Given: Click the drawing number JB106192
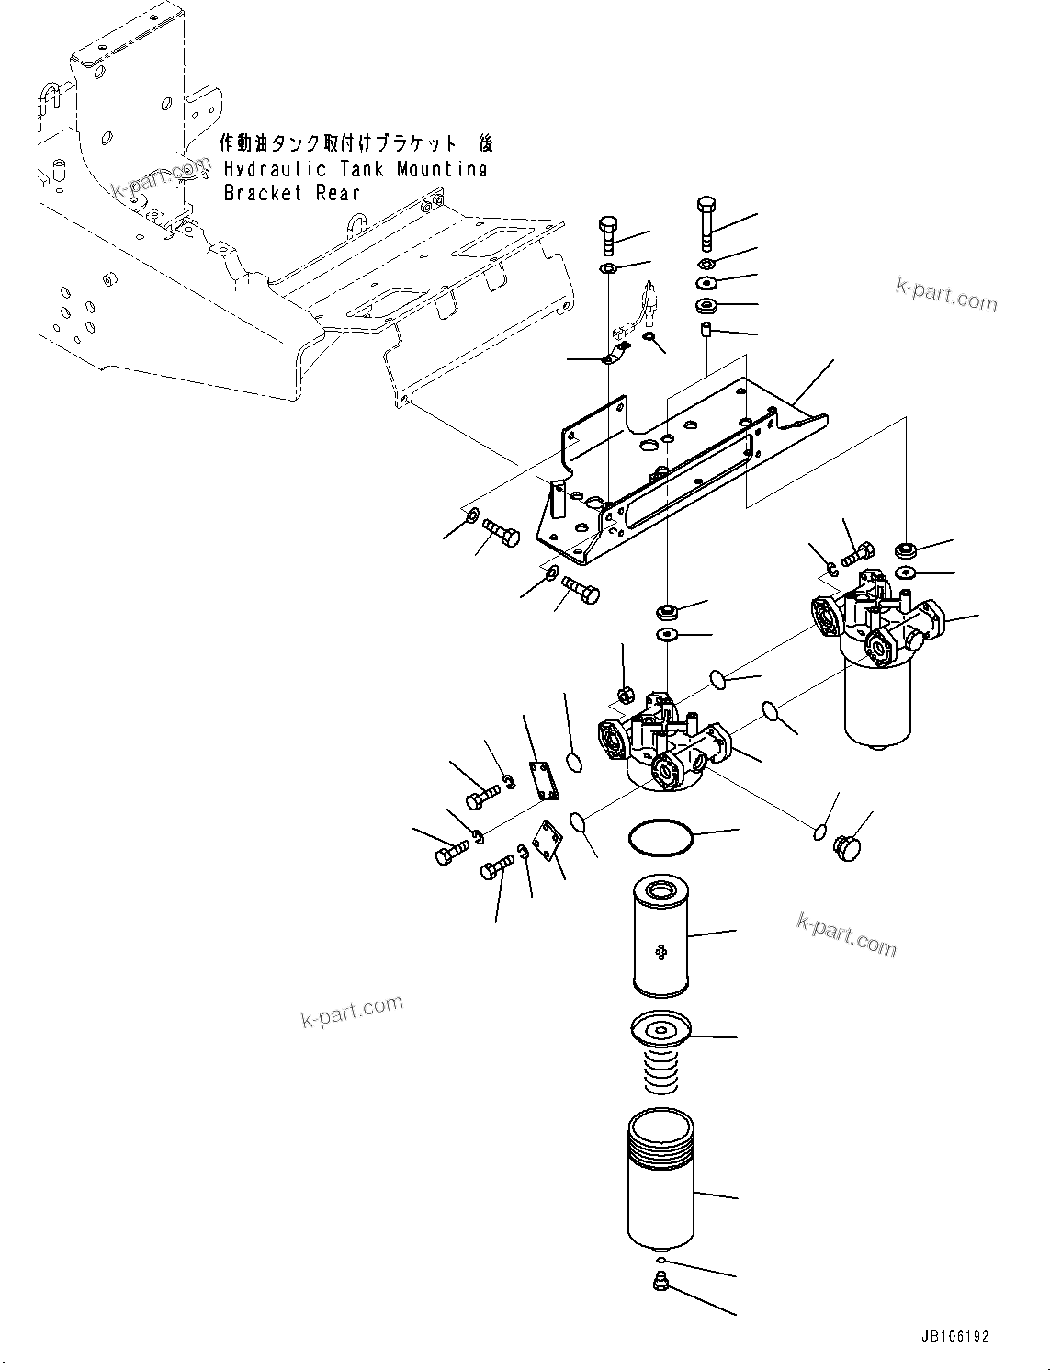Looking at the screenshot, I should pos(953,1338).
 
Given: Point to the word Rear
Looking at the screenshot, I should pos(337,193).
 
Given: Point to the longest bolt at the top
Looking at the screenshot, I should pos(706,223).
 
